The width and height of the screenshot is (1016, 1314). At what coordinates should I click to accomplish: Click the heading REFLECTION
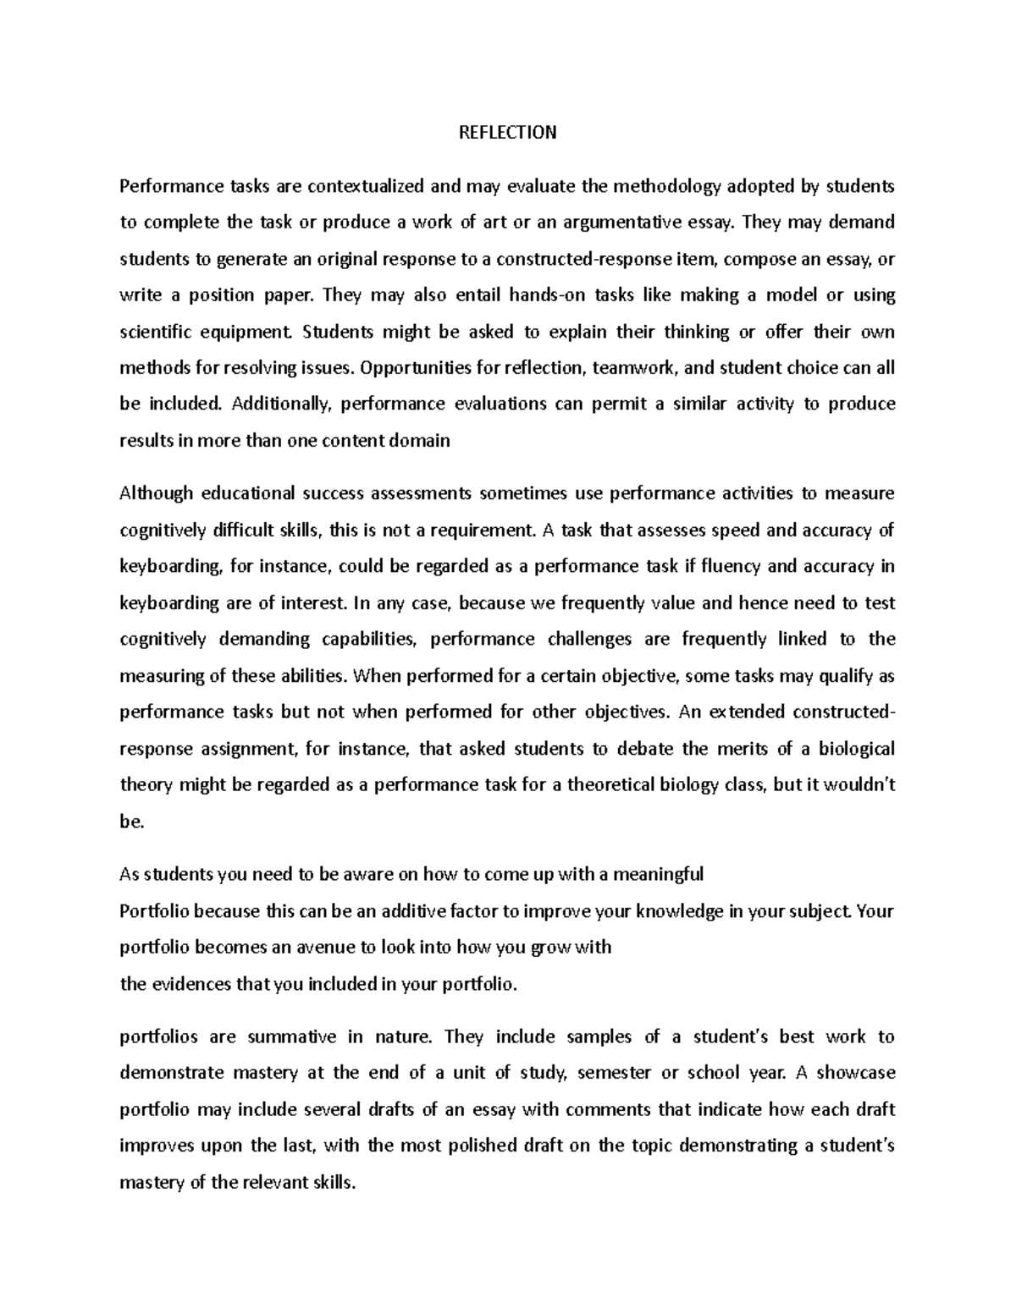point(507,132)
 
